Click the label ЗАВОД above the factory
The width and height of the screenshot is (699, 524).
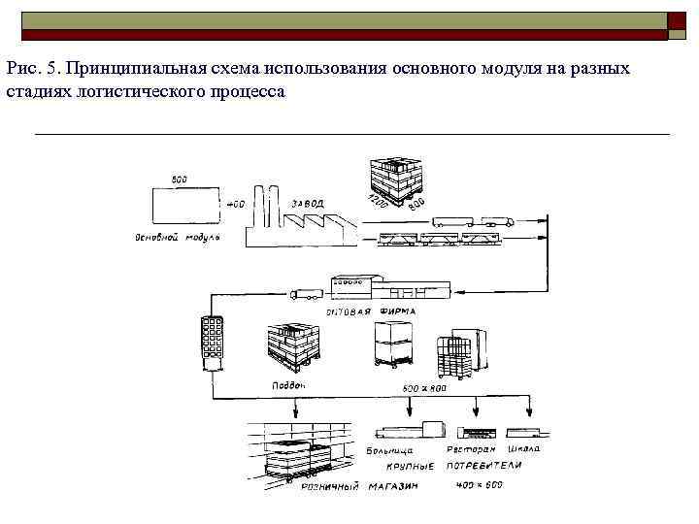307,203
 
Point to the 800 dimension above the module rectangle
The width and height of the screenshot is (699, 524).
180,180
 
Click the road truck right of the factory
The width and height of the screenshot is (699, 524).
467,221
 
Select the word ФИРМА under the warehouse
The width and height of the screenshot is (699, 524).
397,311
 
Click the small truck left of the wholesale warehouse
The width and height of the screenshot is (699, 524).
307,292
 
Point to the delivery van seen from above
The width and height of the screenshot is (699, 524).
211,339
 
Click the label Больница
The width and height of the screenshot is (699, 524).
390,450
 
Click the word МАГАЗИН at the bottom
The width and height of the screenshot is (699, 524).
392,485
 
